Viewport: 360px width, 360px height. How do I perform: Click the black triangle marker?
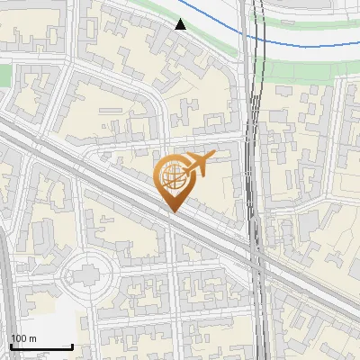pyautogui.click(x=181, y=24)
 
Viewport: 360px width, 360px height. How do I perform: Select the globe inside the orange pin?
pyautogui.click(x=172, y=175)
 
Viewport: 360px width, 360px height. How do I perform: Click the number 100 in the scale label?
pyautogui.click(x=19, y=338)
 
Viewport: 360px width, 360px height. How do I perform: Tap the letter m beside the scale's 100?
pyautogui.click(x=32, y=338)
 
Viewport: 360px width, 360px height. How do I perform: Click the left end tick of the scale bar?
pyautogui.click(x=11, y=346)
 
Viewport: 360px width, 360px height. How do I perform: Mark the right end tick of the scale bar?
pyautogui.click(x=72, y=346)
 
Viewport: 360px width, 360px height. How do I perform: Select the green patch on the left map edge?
pyautogui.click(x=4, y=76)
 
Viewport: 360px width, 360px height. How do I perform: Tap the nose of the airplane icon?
pyautogui.click(x=213, y=157)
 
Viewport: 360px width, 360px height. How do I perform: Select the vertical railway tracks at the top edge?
pyautogui.click(x=255, y=7)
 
